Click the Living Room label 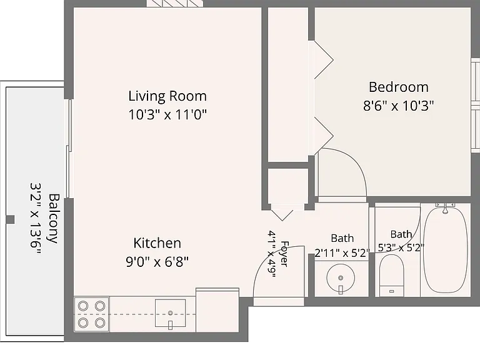point(167,96)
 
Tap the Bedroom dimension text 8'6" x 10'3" point(398,106)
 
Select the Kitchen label point(157,243)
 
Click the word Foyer point(284,254)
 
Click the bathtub point(446,250)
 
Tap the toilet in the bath point(391,275)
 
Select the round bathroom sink point(341,278)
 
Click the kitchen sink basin point(170,314)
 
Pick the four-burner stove point(91,314)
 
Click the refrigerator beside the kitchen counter point(217,310)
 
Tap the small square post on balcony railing point(11,219)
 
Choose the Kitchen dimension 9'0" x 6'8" point(157,262)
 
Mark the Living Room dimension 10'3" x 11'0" point(167,115)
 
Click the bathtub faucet point(446,207)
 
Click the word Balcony point(54,218)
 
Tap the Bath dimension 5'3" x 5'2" point(401,247)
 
